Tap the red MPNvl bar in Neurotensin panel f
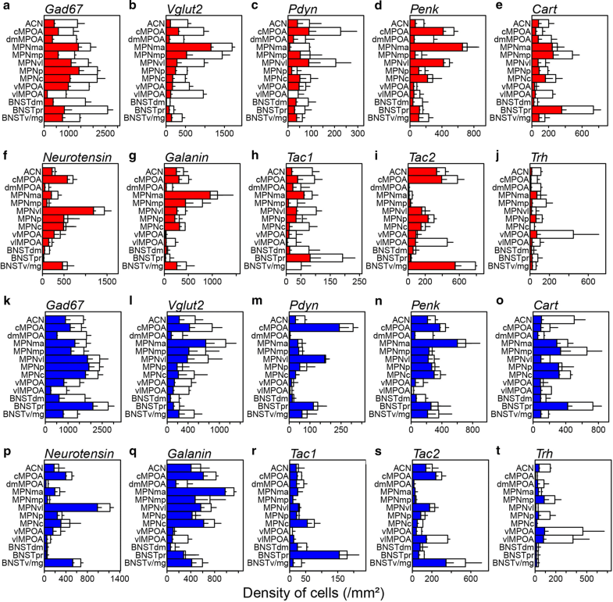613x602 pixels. pyautogui.click(x=68, y=210)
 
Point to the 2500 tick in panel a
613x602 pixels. pyautogui.click(x=104, y=132)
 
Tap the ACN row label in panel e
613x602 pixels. pyautogui.click(x=521, y=23)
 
